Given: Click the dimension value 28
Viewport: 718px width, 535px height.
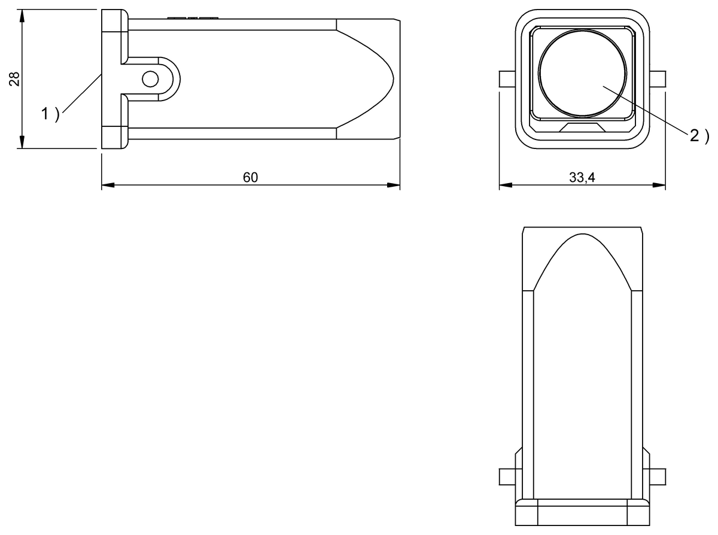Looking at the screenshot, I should (15, 79).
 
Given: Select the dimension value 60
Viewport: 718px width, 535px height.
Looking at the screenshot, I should (250, 178).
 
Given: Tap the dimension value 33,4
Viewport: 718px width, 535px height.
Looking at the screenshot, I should (582, 178).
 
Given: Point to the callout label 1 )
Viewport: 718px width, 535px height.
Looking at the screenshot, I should (50, 114).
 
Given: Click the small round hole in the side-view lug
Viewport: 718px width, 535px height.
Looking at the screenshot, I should (150, 79).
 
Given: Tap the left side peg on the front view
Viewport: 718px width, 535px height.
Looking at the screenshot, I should (507, 79).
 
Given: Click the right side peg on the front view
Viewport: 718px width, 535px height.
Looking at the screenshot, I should (657, 79).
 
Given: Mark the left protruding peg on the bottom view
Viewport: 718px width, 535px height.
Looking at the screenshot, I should (507, 476).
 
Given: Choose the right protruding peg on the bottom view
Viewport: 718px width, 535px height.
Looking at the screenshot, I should (657, 476).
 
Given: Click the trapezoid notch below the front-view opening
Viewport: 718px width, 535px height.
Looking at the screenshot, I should (582, 127).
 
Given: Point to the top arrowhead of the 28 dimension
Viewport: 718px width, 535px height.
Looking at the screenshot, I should (22, 14).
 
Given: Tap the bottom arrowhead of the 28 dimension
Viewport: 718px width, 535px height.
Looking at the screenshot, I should (22, 143).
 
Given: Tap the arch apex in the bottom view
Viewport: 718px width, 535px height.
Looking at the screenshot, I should (582, 235).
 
